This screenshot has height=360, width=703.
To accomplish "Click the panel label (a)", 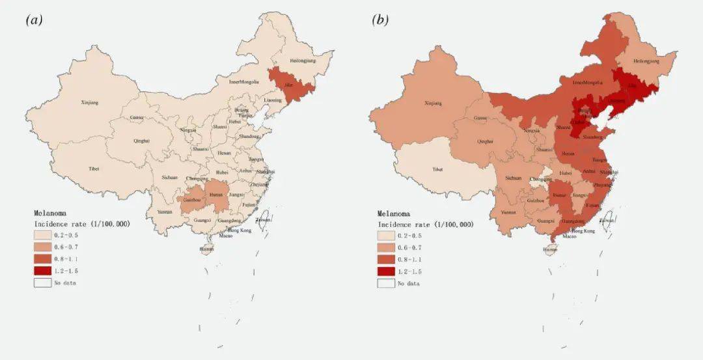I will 34,20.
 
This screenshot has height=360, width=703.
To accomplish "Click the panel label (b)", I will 380,20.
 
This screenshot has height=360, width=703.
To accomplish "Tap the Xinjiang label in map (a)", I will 89,102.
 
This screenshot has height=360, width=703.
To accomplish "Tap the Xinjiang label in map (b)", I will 433,103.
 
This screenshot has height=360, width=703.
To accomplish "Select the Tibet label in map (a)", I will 94,169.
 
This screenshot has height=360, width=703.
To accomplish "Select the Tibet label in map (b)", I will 438,169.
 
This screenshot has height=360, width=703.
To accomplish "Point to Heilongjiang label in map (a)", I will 303,61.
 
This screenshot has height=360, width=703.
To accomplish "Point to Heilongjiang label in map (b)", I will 646,61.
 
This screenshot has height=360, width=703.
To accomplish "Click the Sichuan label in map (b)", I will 514,177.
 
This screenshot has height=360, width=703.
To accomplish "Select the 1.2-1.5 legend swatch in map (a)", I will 44,270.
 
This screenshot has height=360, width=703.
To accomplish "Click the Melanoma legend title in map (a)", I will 50,213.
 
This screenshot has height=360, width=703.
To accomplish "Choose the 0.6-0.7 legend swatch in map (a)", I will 44,247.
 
